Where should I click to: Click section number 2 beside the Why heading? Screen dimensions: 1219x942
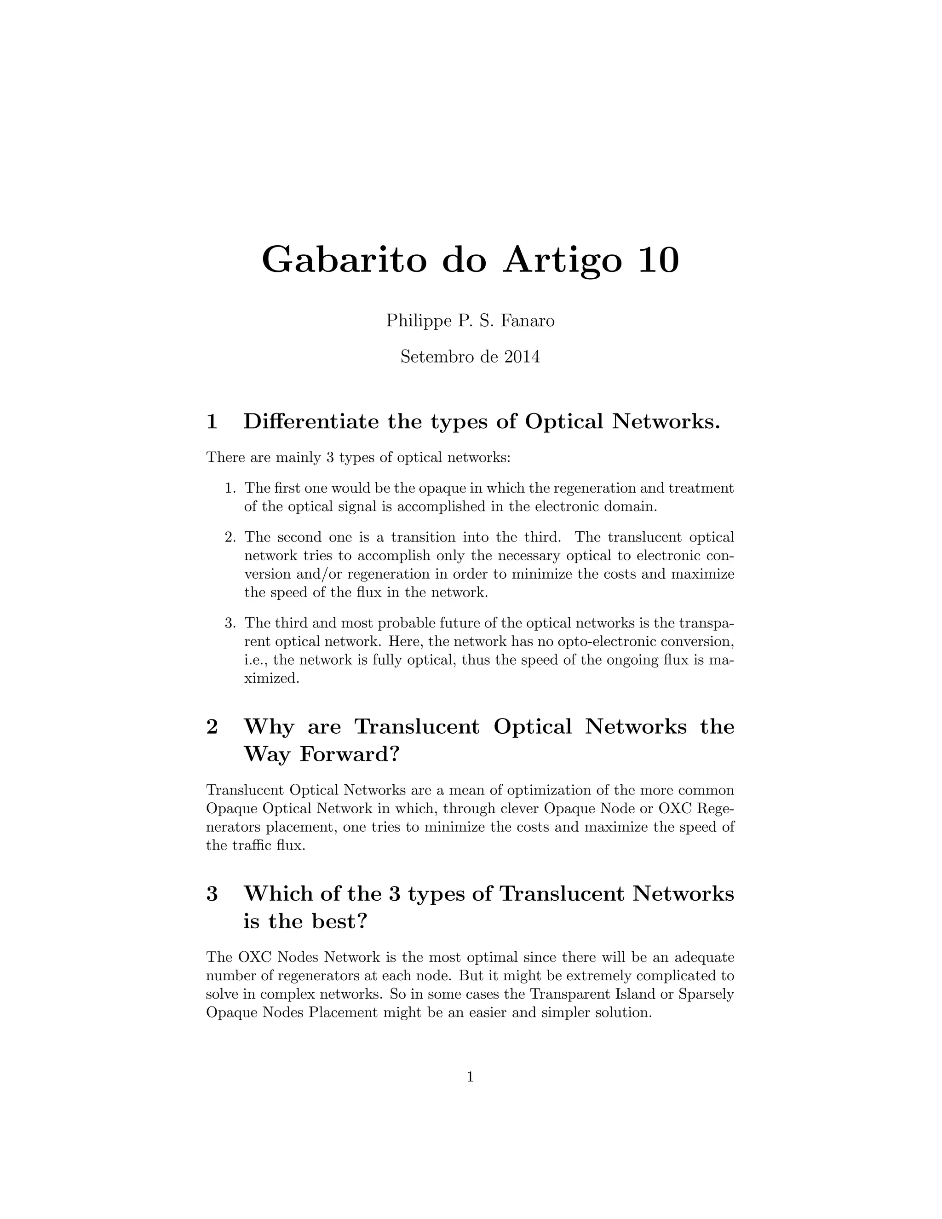tap(212, 727)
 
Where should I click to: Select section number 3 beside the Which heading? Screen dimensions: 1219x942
tap(212, 894)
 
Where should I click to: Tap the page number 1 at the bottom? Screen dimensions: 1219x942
tap(471, 1077)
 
